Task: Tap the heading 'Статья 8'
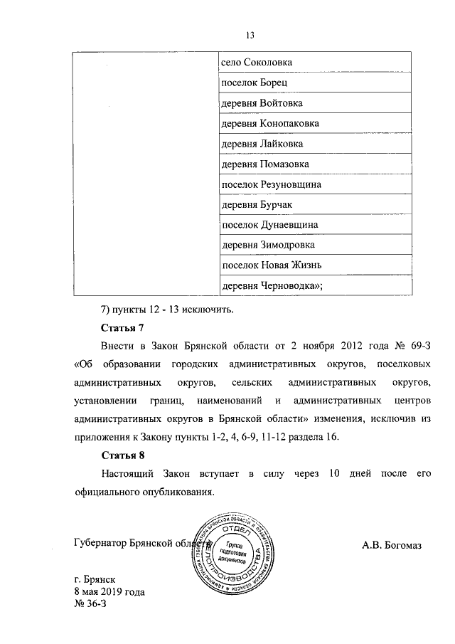click(122, 455)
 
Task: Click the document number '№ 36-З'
click(89, 605)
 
